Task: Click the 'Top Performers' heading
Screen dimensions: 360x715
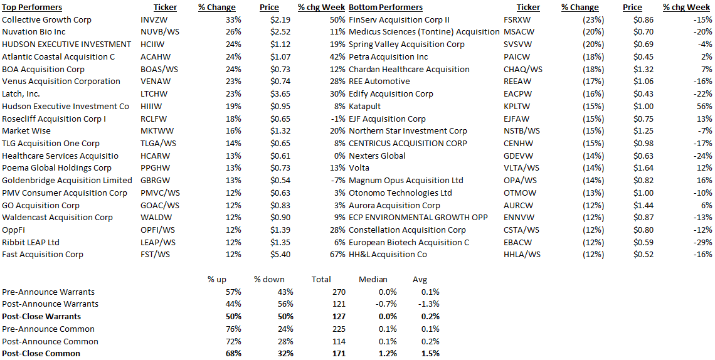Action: coord(32,7)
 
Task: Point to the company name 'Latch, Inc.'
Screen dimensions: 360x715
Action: coord(21,93)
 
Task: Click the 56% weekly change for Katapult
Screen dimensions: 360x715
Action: coord(704,106)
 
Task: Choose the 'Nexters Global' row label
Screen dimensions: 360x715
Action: coord(377,156)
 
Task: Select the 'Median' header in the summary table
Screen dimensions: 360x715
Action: coord(373,279)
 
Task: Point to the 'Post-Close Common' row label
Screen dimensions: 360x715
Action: coord(41,354)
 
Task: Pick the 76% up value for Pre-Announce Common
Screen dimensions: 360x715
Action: coord(233,329)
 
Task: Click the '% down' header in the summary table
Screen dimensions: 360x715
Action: coord(269,279)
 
